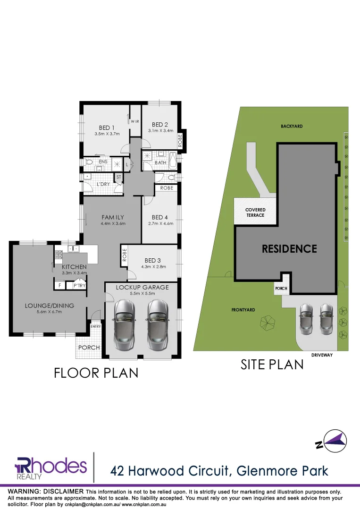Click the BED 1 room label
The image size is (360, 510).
point(106,127)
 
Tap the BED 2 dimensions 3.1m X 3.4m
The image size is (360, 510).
point(161,131)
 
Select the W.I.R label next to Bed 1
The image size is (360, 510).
point(134,121)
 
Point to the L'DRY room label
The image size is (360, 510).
point(102,184)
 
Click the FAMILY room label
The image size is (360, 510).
point(113,217)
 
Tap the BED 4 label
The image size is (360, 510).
point(160,218)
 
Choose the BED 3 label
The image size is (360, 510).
point(153,260)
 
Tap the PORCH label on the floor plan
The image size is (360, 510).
point(89,348)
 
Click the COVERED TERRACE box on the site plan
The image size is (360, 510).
point(255,212)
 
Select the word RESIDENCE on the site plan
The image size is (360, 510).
point(289,248)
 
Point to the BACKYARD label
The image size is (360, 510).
point(291,126)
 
